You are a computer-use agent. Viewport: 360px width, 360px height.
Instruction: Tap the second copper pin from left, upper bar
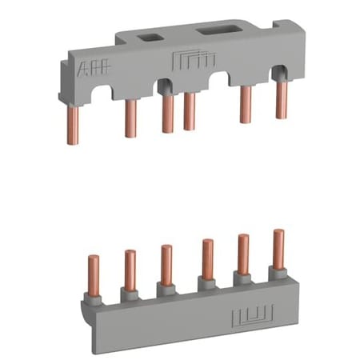130,118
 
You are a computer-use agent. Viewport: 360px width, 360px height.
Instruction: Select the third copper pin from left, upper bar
167,114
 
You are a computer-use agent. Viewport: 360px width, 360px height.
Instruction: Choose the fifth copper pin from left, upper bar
246,104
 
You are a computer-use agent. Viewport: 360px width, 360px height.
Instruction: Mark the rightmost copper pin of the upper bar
282,99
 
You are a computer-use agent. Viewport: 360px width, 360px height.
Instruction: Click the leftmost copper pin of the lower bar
93,272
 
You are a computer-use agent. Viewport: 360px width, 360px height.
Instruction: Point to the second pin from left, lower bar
130,268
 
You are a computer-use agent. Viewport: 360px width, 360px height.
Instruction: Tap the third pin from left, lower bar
166,263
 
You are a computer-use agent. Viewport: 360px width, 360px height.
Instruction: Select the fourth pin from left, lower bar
207,258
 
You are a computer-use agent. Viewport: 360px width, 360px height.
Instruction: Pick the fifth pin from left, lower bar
242,253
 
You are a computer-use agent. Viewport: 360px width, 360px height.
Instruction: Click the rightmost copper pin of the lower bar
278,248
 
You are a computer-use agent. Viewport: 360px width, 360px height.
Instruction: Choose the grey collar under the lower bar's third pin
166,286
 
